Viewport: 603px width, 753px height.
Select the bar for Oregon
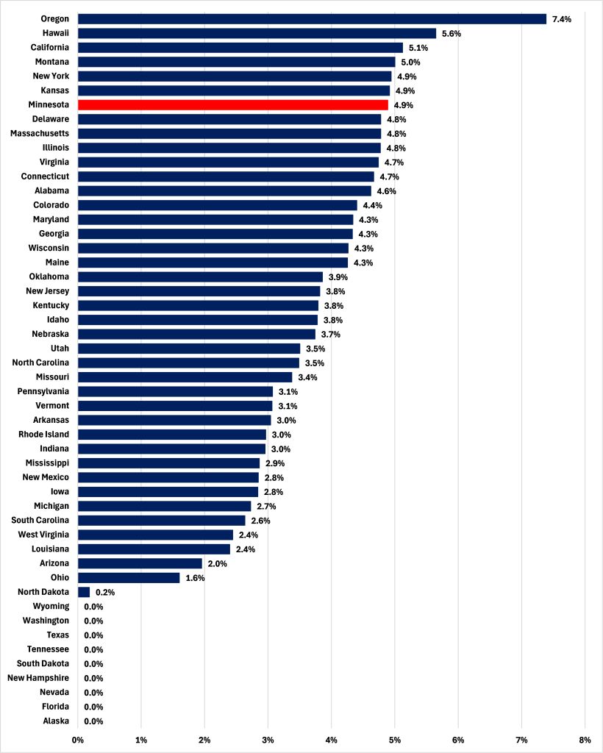[x=312, y=19]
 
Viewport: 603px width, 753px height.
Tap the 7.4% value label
[x=562, y=19]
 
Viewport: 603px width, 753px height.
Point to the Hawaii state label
[x=54, y=33]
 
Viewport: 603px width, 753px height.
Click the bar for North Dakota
[x=84, y=592]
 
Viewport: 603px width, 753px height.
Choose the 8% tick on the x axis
[x=585, y=739]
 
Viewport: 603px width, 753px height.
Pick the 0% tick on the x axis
[x=77, y=739]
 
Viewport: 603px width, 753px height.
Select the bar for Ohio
[x=129, y=578]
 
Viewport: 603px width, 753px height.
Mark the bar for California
[x=240, y=48]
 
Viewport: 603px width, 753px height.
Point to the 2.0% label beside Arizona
[x=218, y=563]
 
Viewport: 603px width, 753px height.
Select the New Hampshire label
[x=38, y=678]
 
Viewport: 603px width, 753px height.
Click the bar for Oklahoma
[x=200, y=276]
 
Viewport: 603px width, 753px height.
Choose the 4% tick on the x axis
[x=332, y=739]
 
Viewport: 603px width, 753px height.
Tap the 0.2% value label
[x=105, y=592]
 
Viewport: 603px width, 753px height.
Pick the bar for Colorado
[x=217, y=205]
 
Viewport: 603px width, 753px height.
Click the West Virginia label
[x=44, y=535]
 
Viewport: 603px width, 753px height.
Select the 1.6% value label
[x=195, y=578]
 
